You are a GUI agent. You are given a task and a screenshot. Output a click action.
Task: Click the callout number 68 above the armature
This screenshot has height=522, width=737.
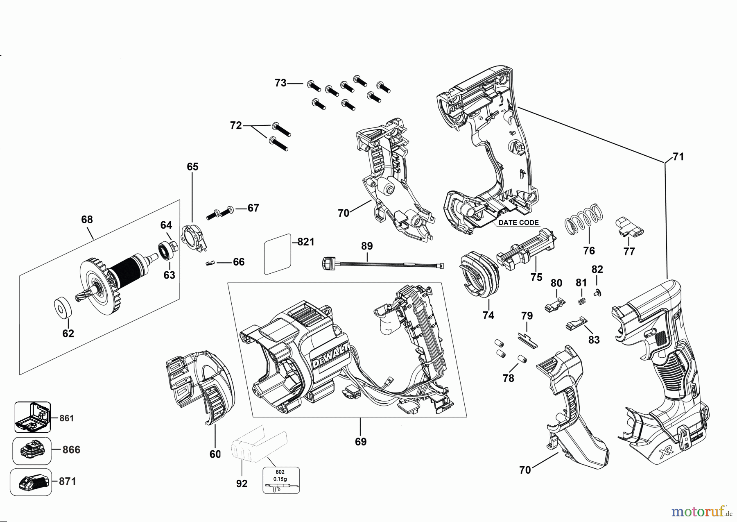[87, 220]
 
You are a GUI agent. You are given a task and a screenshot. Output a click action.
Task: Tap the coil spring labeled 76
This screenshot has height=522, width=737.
[583, 219]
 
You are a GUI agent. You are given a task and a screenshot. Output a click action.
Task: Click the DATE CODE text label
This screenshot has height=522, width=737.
[518, 223]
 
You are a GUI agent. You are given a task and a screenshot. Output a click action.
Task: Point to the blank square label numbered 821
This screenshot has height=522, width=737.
[277, 254]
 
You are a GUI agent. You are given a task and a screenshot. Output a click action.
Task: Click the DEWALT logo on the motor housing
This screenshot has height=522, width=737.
[330, 356]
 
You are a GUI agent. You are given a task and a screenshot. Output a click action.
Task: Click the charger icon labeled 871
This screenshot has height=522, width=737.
[32, 482]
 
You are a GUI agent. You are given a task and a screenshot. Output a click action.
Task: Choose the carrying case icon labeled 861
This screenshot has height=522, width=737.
[32, 417]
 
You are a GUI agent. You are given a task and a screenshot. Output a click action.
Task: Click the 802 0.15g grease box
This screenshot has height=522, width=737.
[281, 480]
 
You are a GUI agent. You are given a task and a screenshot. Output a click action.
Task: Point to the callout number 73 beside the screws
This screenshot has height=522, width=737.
[280, 83]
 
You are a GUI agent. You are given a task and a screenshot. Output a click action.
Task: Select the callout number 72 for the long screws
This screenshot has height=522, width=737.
[236, 126]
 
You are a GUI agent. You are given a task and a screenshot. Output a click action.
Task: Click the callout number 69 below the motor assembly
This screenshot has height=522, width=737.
[361, 442]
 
